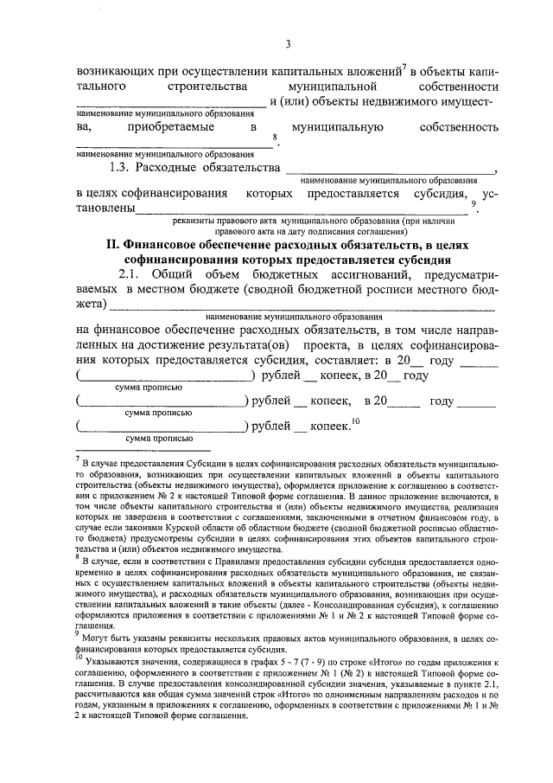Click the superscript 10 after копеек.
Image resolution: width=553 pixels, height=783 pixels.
coord(355,421)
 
